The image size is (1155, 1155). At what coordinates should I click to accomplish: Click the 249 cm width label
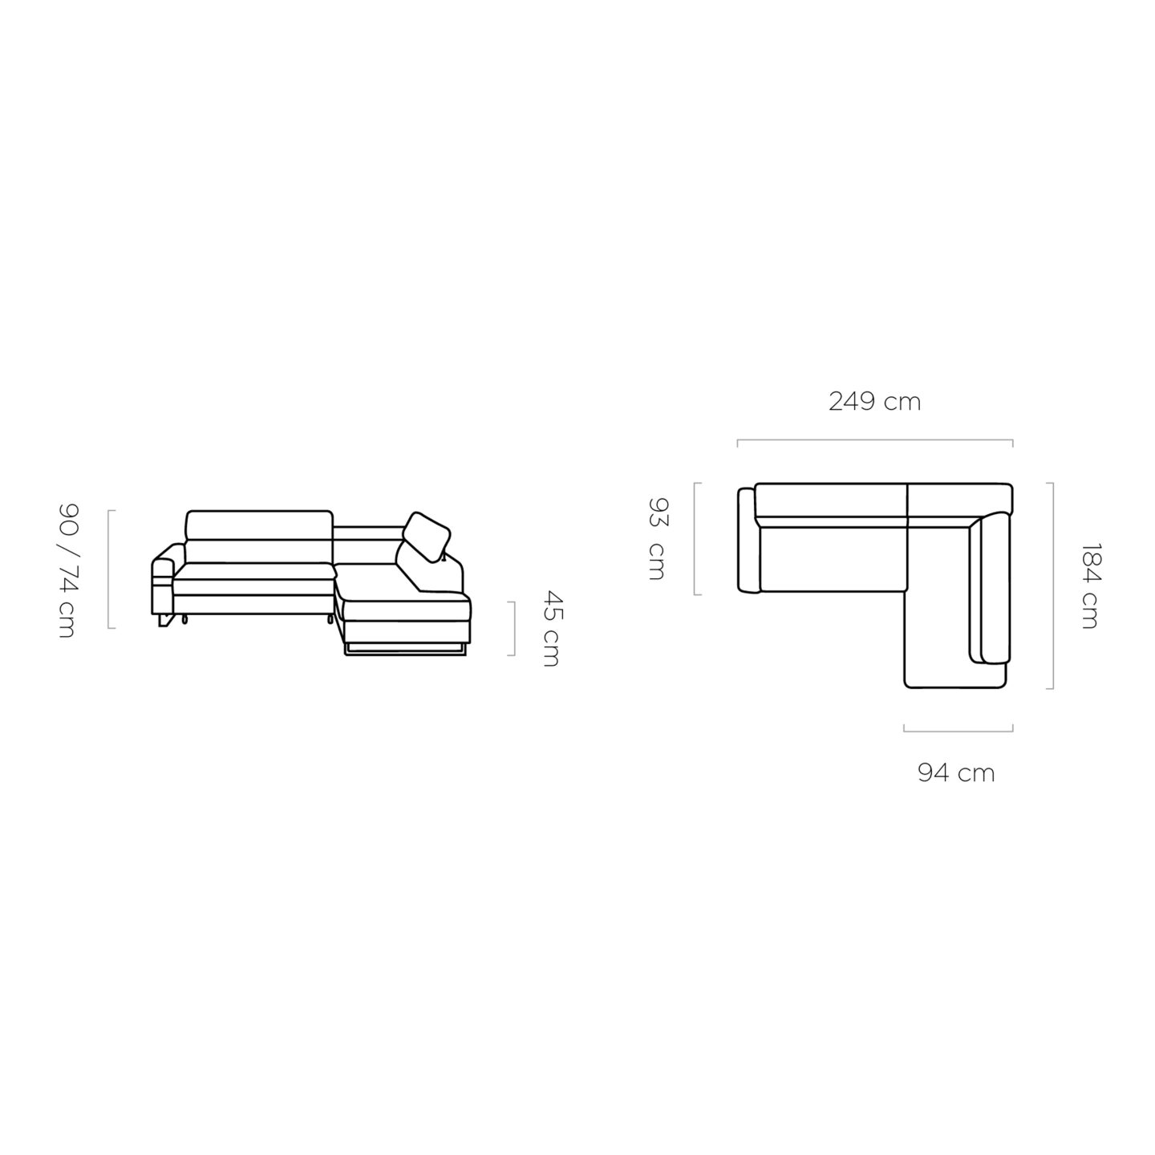(874, 402)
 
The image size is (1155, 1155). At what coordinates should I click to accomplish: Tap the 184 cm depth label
(1089, 586)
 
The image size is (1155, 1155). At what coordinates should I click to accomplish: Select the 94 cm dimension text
(956, 773)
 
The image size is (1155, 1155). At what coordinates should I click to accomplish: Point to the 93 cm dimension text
(658, 538)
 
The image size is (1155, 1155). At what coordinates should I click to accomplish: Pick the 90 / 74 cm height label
(67, 570)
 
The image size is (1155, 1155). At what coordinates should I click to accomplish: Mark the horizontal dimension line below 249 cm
(874, 440)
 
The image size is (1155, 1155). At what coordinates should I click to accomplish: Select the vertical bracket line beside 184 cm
(1052, 586)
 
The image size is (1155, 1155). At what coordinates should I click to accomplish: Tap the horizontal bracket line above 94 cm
(958, 731)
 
